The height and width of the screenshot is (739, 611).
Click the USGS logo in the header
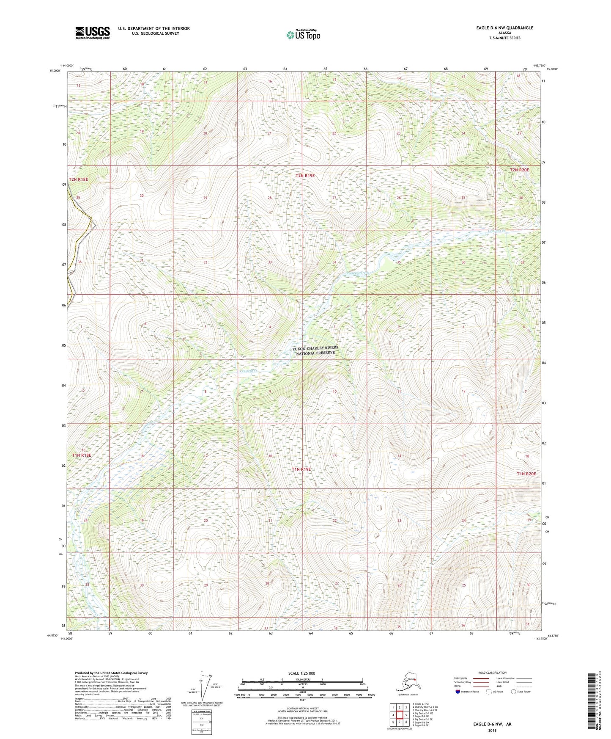click(x=92, y=33)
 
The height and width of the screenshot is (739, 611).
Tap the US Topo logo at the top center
click(x=303, y=35)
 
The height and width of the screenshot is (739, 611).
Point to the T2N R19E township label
click(x=305, y=175)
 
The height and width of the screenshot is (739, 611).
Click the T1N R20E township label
click(x=526, y=474)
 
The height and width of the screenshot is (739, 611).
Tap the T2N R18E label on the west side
click(x=78, y=179)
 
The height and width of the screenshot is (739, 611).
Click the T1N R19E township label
click(x=301, y=469)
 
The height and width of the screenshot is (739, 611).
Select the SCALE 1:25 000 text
click(x=301, y=673)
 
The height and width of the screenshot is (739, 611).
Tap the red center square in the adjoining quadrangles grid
click(x=399, y=715)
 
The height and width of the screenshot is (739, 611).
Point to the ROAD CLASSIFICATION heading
click(x=492, y=673)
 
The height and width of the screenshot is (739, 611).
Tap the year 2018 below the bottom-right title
click(x=492, y=730)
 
